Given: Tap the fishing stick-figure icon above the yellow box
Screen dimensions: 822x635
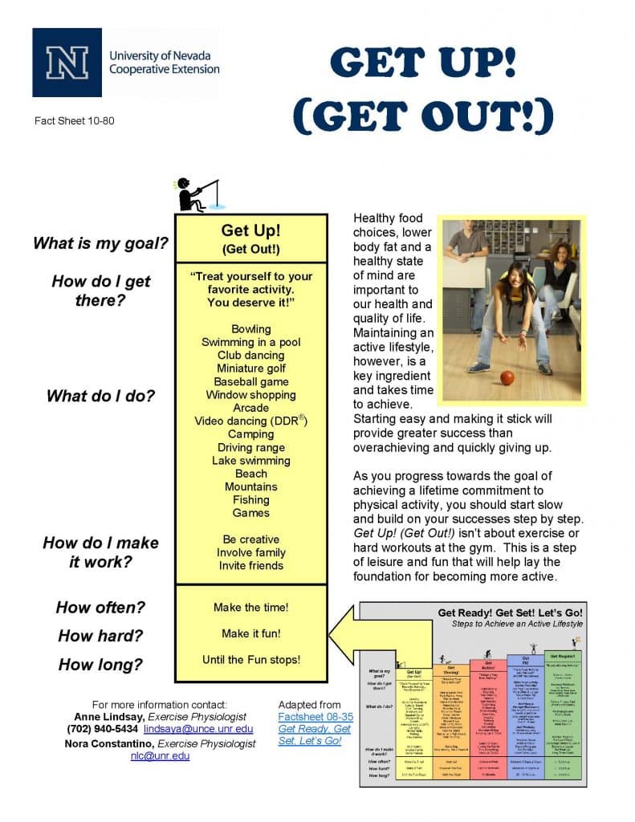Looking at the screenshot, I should click(193, 194).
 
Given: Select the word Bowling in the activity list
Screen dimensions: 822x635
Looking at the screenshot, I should click(250, 329).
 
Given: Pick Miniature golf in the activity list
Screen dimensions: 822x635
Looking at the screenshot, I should click(250, 368).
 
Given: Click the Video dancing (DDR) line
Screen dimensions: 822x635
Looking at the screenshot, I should click(250, 421).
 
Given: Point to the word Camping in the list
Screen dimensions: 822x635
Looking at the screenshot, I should click(250, 434).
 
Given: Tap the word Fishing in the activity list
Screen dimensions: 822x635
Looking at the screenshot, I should click(250, 500).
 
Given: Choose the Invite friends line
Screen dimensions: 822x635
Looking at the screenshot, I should click(250, 566).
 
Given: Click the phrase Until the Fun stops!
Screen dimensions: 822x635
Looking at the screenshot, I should click(250, 660).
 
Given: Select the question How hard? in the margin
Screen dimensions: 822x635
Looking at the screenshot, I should click(100, 637).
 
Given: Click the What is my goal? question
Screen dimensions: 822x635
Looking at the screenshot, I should click(100, 243).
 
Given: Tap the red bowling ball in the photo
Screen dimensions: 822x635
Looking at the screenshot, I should click(507, 377).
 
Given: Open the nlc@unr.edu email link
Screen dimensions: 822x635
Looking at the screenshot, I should click(160, 755).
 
